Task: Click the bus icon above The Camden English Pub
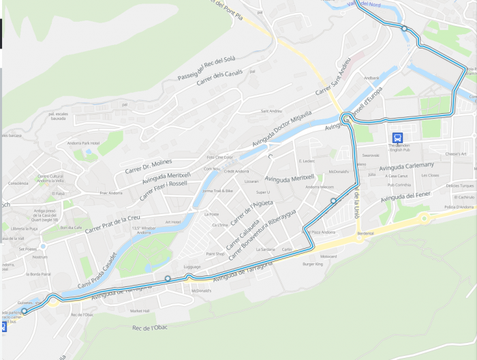point(398,136)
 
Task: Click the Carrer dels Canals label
point(219,82)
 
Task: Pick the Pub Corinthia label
point(399,185)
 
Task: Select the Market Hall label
point(140,311)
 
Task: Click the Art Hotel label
point(172,222)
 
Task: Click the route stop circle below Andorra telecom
point(333,201)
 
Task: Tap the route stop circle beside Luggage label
point(167,278)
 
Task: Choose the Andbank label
point(371,78)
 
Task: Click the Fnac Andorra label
point(110,193)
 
